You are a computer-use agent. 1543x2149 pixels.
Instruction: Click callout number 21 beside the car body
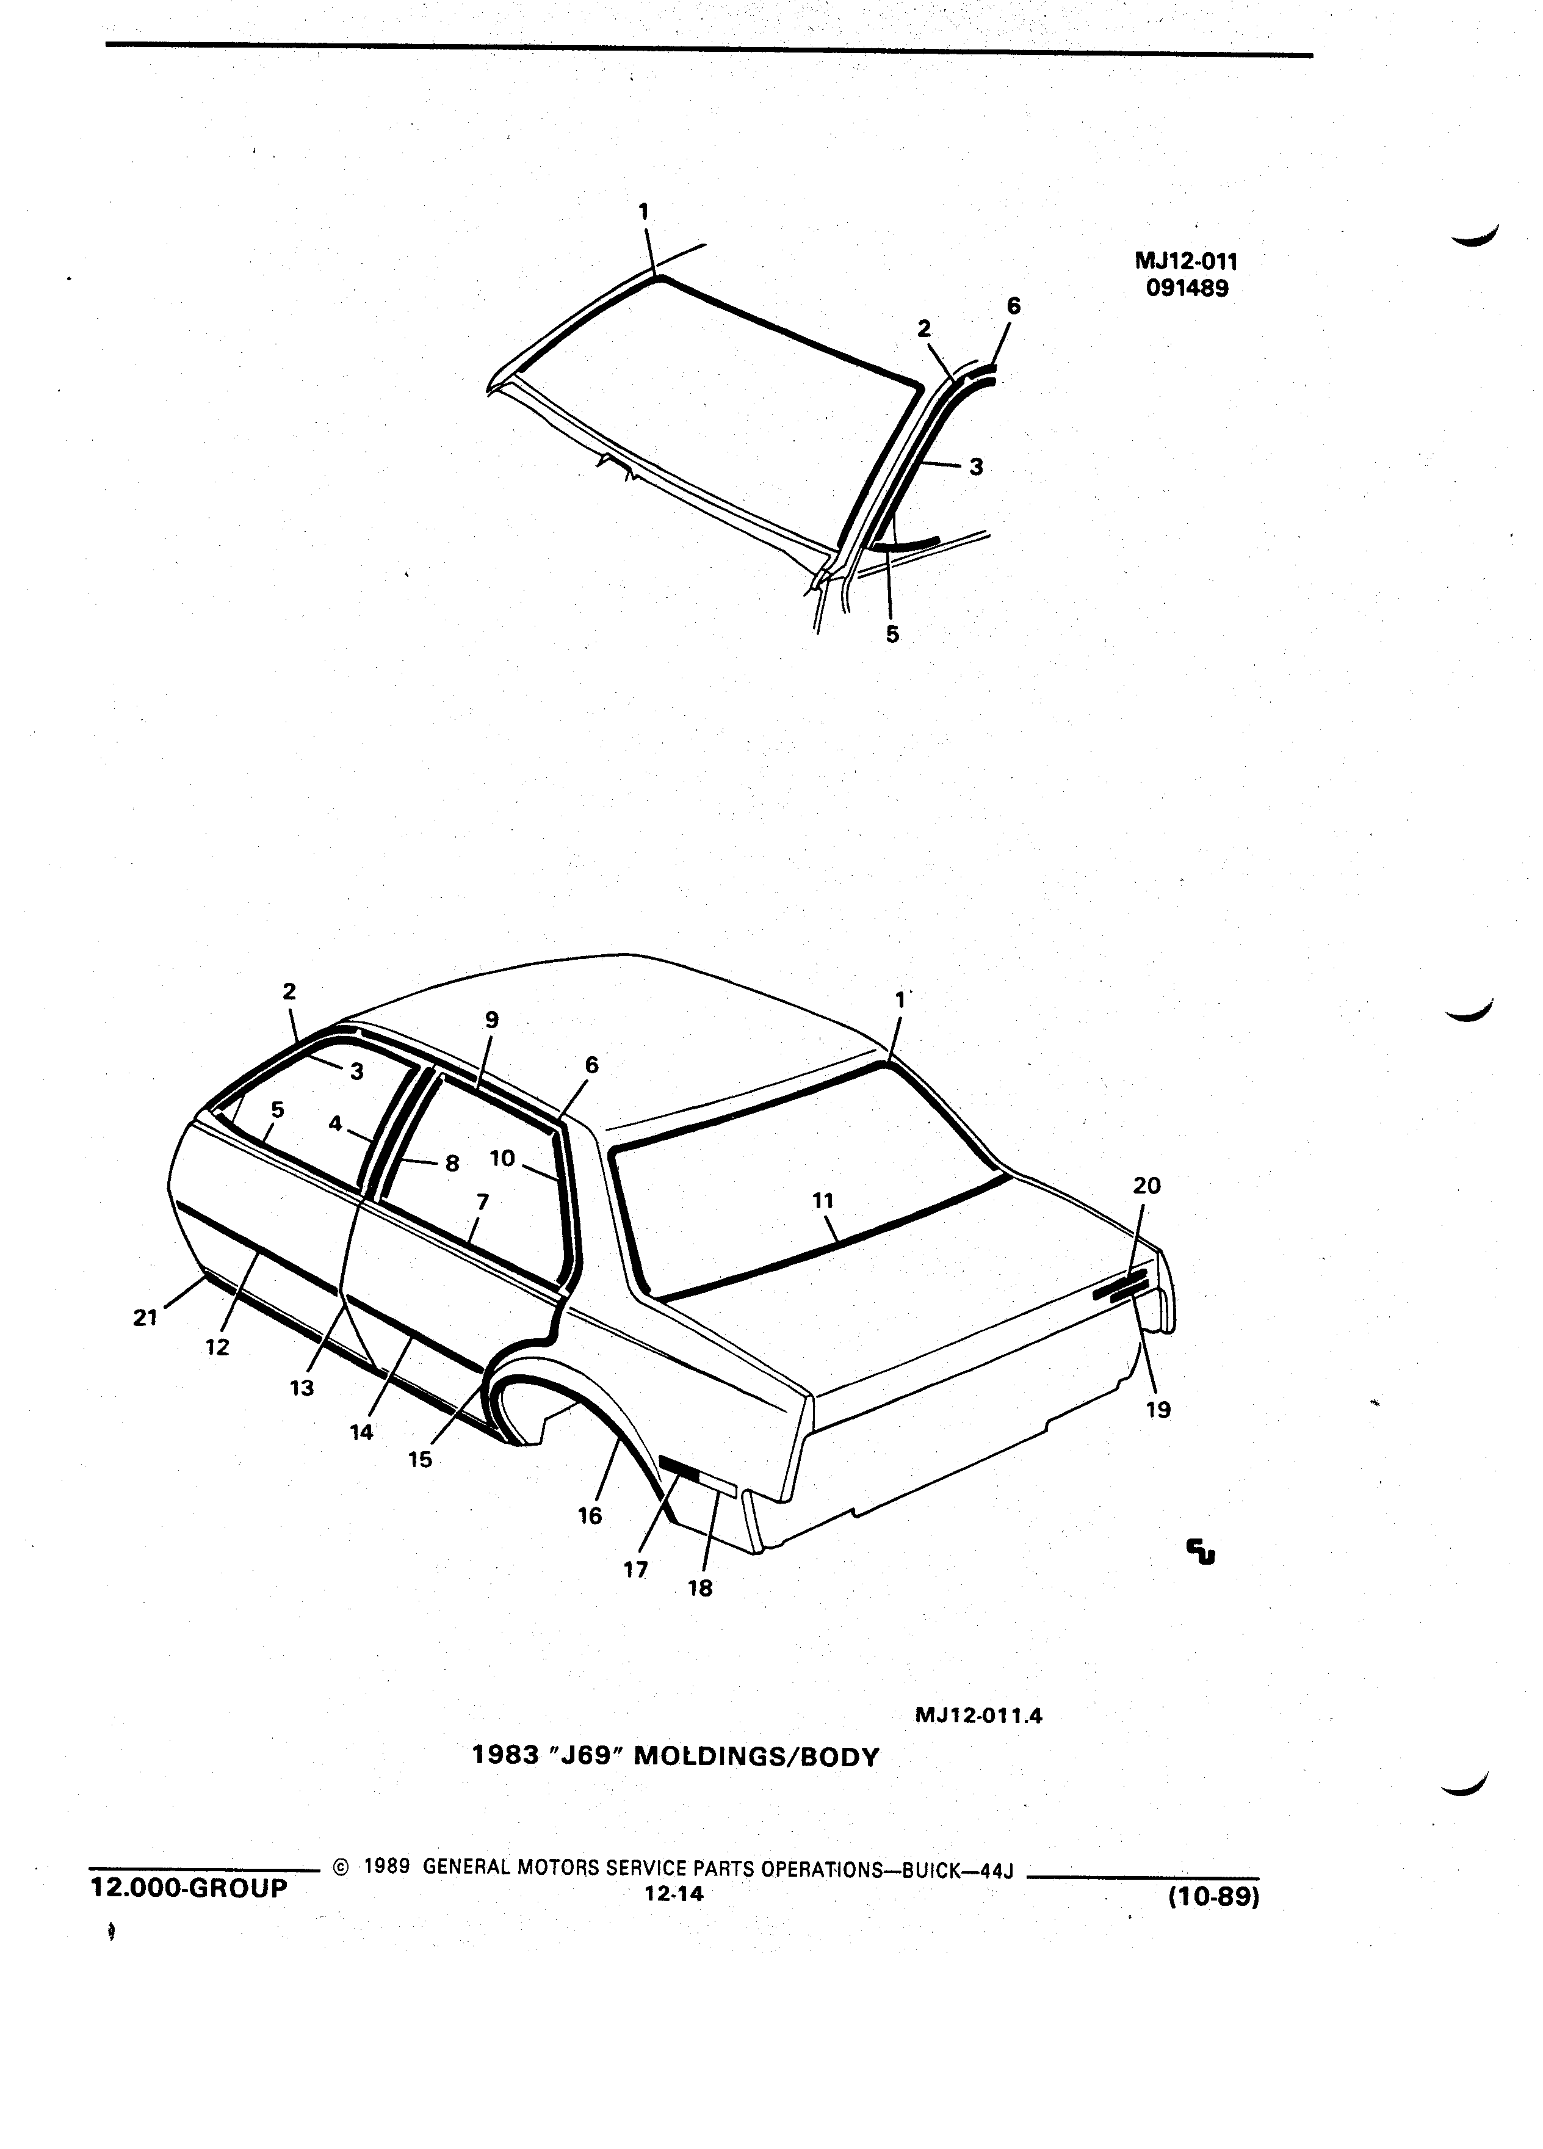pyautogui.click(x=145, y=1317)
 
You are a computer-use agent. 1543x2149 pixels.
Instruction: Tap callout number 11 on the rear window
pyautogui.click(x=823, y=1200)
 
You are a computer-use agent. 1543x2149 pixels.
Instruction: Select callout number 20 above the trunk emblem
pyautogui.click(x=1147, y=1186)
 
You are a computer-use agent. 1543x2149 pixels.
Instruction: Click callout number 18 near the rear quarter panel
pyautogui.click(x=700, y=1588)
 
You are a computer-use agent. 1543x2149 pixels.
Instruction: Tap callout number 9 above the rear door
pyautogui.click(x=491, y=1020)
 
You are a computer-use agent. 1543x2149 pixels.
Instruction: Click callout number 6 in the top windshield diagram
pyautogui.click(x=1014, y=305)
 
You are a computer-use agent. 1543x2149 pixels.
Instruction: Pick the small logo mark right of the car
pyautogui.click(x=1202, y=1551)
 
